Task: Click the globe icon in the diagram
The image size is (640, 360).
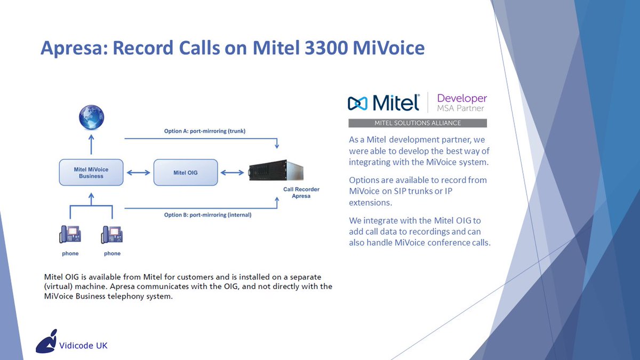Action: click(91, 118)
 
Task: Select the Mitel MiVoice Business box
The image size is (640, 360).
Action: click(91, 172)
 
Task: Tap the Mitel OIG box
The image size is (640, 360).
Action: click(186, 172)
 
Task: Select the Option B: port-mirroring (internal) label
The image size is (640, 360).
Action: click(208, 215)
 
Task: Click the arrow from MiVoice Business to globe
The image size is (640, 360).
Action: click(91, 145)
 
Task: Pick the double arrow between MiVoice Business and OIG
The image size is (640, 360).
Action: click(138, 172)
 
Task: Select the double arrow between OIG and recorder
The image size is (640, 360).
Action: click(233, 172)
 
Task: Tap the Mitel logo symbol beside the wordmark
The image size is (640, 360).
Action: click(358, 103)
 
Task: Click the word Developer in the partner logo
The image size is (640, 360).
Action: click(462, 98)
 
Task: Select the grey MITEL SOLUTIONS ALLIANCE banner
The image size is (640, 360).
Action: click(418, 123)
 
